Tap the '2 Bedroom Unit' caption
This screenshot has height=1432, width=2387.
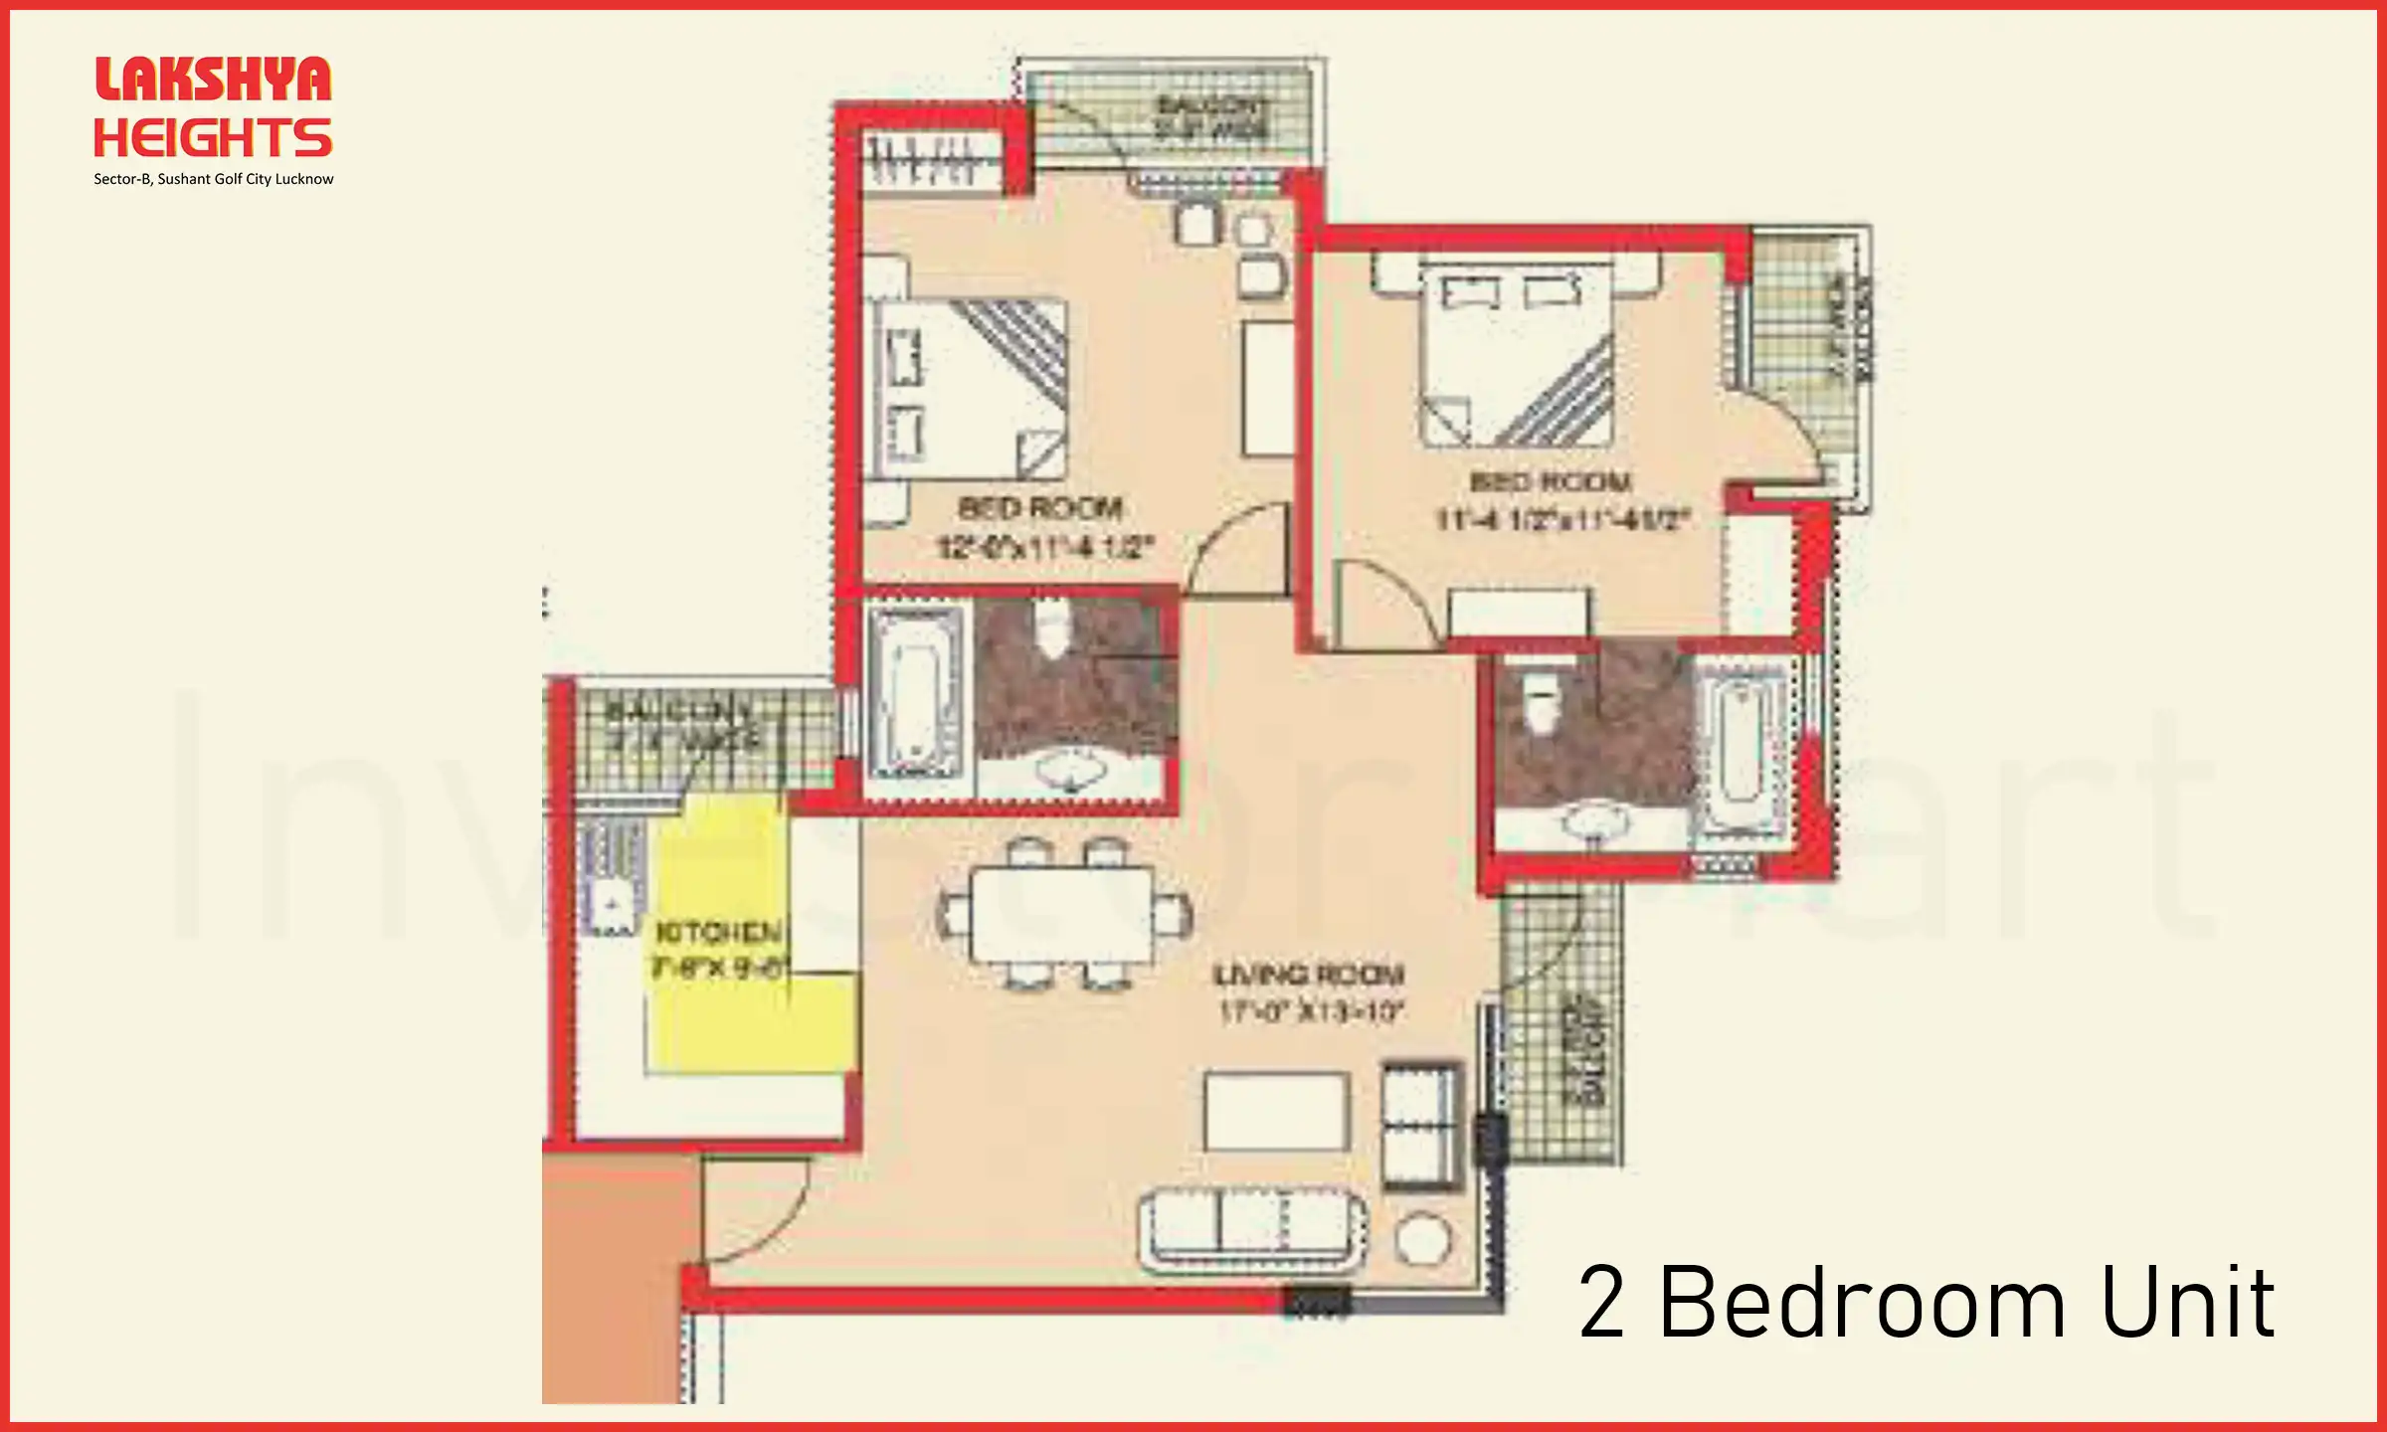tap(1927, 1303)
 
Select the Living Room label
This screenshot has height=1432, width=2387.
tap(1309, 975)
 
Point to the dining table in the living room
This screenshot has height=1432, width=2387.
tap(1062, 914)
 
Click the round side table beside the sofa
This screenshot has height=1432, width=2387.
tap(1423, 1240)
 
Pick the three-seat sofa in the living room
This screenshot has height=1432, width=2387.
tap(1251, 1230)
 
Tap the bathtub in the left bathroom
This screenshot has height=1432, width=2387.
tap(915, 693)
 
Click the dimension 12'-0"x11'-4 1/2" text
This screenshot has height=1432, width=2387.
tap(1045, 547)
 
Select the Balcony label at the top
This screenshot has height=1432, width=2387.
tap(1211, 116)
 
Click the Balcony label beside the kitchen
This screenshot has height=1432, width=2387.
tap(681, 724)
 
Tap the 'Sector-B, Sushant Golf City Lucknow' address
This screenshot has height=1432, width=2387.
tap(214, 179)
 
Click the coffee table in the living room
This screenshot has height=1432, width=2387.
tap(1277, 1112)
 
